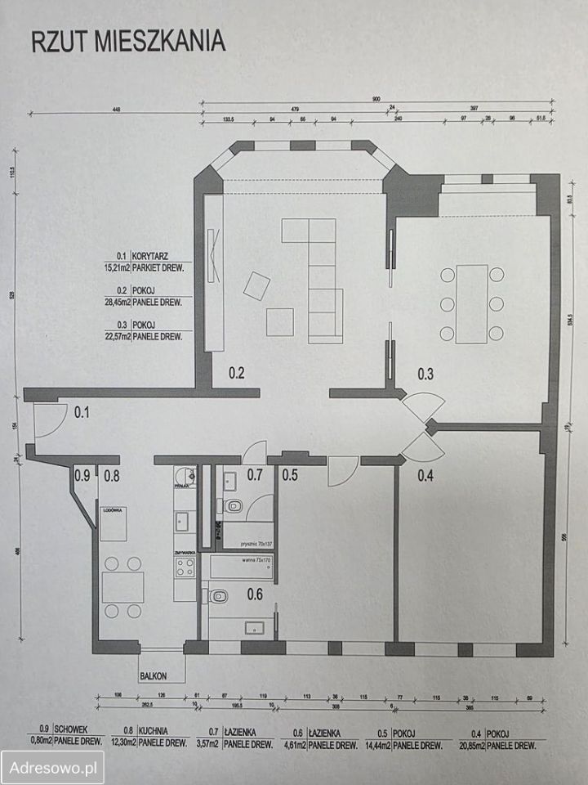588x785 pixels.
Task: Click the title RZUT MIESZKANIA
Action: [128, 43]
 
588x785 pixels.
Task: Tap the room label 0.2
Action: [237, 375]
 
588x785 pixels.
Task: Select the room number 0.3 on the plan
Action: [425, 375]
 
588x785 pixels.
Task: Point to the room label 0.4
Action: [425, 473]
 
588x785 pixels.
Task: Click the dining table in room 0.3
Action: [471, 304]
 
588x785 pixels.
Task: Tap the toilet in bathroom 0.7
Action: [234, 505]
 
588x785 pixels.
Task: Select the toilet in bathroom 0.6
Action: [217, 597]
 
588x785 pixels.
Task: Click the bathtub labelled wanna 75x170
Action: [243, 566]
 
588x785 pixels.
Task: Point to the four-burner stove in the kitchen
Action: [185, 567]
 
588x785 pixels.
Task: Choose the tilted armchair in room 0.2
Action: [259, 285]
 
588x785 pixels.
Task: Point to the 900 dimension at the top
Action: [376, 99]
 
